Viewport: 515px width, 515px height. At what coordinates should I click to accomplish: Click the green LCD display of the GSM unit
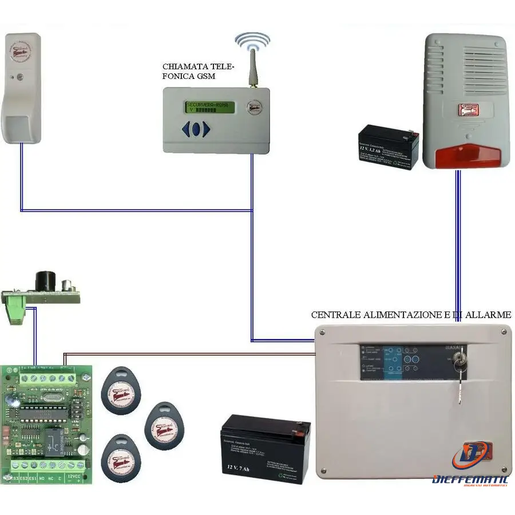pyautogui.click(x=209, y=107)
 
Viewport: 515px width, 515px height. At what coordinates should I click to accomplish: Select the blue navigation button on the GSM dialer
pyautogui.click(x=196, y=129)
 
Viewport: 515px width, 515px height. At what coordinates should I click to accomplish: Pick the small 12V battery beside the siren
pyautogui.click(x=388, y=147)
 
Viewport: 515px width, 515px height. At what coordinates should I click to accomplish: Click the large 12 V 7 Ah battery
pyautogui.click(x=266, y=449)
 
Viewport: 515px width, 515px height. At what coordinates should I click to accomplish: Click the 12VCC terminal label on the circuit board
pyautogui.click(x=74, y=477)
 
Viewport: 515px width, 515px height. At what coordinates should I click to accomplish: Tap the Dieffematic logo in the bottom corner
pyautogui.click(x=470, y=466)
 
